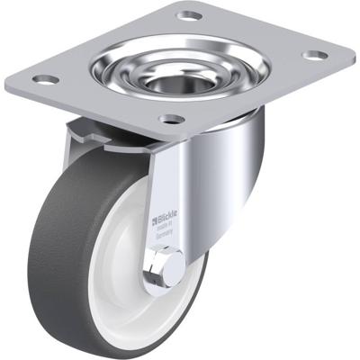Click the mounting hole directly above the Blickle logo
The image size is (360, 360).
click(x=171, y=118)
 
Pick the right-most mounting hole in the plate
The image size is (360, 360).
click(x=314, y=55)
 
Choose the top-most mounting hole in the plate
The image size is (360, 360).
click(x=187, y=15)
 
